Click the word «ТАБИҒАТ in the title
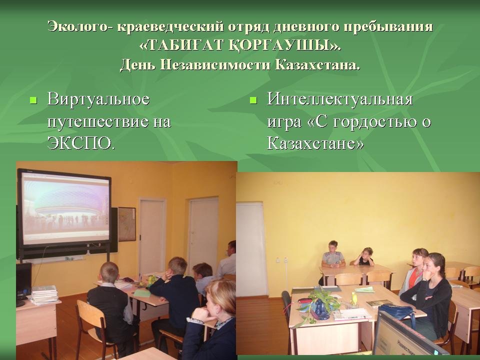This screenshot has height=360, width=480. coord(182,45)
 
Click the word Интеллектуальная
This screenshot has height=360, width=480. coord(340,99)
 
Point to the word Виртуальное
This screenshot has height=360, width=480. coord(98,99)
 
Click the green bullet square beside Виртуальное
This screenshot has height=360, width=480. coord(33,100)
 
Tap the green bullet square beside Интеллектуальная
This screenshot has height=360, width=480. coord(253,100)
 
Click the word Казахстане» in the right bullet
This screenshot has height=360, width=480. coord(315,142)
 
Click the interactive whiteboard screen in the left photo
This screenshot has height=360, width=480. coord(65,211)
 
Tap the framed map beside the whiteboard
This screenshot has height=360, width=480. coord(126,224)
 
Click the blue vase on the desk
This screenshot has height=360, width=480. coord(320,309)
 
